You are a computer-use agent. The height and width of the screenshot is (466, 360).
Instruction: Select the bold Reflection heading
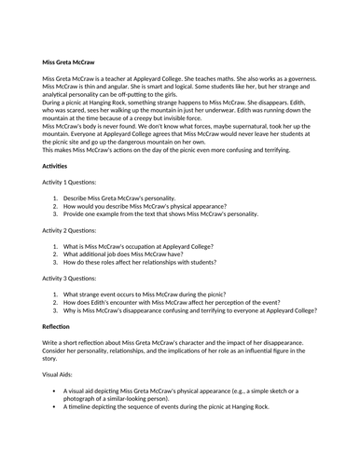pos(60,326)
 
